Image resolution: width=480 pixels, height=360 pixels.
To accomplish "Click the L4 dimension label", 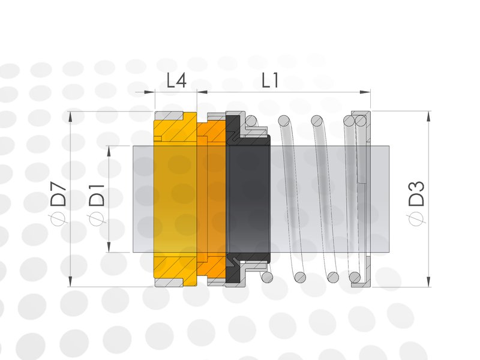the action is click(176, 81).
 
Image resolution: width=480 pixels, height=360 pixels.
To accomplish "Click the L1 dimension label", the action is click(271, 81).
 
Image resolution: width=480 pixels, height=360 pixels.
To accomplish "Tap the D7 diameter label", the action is click(58, 194).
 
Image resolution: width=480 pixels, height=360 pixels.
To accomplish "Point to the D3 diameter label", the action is click(416, 194).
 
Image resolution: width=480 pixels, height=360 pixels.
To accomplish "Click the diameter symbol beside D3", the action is click(416, 219).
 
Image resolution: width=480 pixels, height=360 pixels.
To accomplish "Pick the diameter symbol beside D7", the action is click(58, 219).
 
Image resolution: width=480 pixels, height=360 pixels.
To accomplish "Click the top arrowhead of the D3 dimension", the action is click(428, 116).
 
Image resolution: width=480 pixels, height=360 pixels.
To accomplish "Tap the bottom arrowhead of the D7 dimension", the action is click(70, 281).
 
